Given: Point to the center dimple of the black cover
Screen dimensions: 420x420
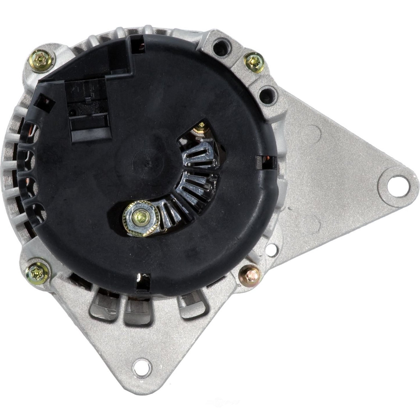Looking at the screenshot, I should pos(148,164).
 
